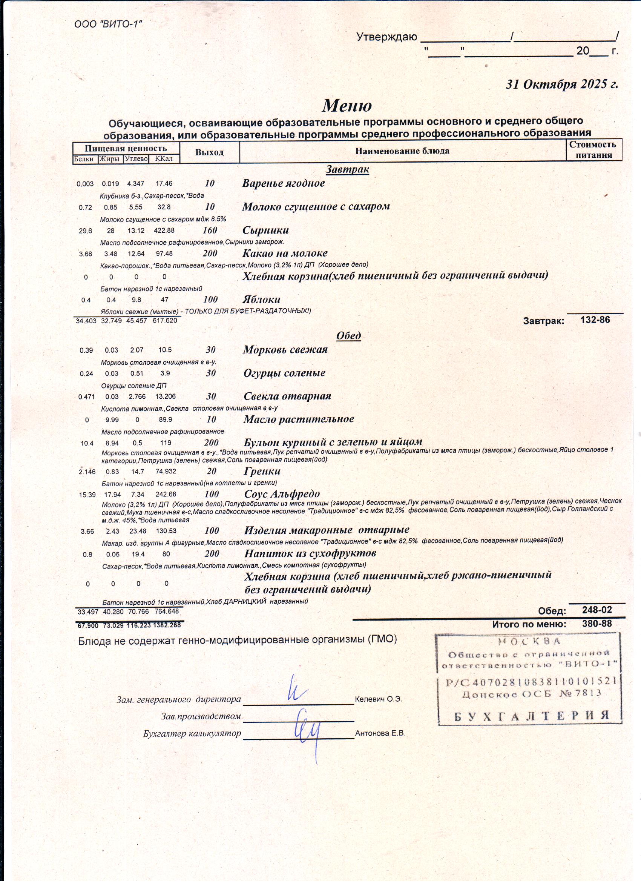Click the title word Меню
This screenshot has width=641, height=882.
click(347, 105)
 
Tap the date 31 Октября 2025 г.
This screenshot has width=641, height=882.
click(561, 85)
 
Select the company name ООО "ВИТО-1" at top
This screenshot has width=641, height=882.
click(108, 24)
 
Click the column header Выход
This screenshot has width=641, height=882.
click(209, 152)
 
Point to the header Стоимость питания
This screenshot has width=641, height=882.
click(593, 150)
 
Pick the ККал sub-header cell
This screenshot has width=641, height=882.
click(163, 159)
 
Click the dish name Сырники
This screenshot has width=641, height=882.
click(265, 230)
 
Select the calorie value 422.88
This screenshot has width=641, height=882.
click(164, 230)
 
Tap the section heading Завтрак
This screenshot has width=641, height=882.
click(347, 169)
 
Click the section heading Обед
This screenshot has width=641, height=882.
click(348, 336)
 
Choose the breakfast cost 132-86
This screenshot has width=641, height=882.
click(595, 320)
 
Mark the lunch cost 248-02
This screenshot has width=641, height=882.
click(597, 610)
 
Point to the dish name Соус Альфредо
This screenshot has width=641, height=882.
click(282, 494)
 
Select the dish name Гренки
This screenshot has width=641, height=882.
click(262, 471)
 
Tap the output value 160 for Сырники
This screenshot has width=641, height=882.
click(210, 230)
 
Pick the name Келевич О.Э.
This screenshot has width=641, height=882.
click(378, 699)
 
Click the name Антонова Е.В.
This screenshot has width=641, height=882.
click(380, 733)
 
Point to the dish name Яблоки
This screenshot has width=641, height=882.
click(261, 300)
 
